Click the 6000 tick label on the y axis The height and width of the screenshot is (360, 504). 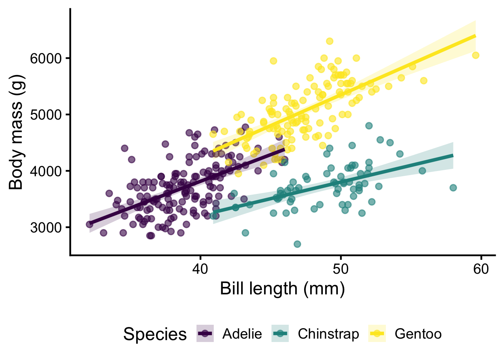pyautogui.click(x=45, y=58)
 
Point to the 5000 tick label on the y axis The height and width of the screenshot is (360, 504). pyautogui.click(x=45, y=115)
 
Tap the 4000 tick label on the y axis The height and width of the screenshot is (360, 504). pyautogui.click(x=45, y=171)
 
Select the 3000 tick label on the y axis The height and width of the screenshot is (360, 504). pyautogui.click(x=45, y=228)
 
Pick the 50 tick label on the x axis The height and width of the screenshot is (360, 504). pyautogui.click(x=340, y=269)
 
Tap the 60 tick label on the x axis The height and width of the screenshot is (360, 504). pyautogui.click(x=481, y=269)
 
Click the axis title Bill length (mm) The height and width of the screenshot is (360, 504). pyautogui.click(x=282, y=289)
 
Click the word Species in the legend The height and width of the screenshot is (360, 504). pyautogui.click(x=155, y=334)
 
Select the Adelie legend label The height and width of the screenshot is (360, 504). pyautogui.click(x=242, y=334)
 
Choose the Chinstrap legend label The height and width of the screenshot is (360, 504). pyautogui.click(x=328, y=334)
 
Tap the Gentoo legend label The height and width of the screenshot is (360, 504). pyautogui.click(x=418, y=334)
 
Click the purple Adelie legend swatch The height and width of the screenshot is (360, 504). pyautogui.click(x=205, y=333)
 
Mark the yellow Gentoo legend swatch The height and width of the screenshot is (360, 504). pyautogui.click(x=377, y=333)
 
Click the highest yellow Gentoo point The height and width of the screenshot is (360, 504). pyautogui.click(x=330, y=41)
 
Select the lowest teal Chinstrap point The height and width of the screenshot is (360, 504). pyautogui.click(x=297, y=244)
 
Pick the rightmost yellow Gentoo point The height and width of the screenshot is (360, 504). pyautogui.click(x=475, y=55)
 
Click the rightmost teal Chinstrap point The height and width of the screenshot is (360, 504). pyautogui.click(x=453, y=187)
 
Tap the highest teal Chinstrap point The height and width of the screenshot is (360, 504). pyautogui.click(x=369, y=126)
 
